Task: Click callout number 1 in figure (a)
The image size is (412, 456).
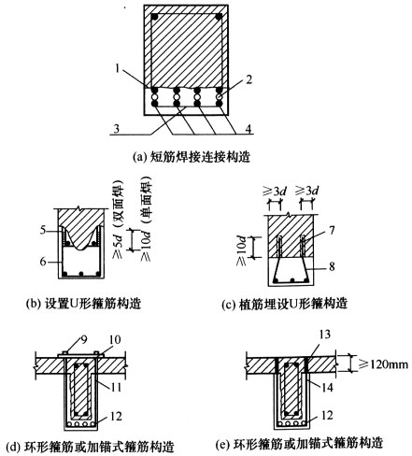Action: (118, 68)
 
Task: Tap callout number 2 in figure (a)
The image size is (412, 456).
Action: (249, 79)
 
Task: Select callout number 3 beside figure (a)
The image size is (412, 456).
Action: (116, 129)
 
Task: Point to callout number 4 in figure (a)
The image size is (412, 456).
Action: (248, 129)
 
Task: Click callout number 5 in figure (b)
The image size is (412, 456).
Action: (43, 230)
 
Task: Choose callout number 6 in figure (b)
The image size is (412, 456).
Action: (43, 262)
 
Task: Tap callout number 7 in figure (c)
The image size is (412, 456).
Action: (332, 230)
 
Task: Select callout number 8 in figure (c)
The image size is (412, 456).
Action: (332, 266)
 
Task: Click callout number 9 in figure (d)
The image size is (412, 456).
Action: (84, 339)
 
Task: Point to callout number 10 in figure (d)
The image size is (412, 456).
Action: (114, 339)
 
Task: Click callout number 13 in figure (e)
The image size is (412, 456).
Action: (324, 335)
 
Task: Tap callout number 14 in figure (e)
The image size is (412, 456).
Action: (327, 387)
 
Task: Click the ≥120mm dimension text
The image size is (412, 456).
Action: (383, 363)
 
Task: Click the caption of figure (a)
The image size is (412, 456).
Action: (192, 157)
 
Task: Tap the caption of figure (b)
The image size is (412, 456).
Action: (83, 303)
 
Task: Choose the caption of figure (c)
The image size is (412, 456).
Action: (284, 304)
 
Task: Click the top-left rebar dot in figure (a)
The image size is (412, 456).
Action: (154, 17)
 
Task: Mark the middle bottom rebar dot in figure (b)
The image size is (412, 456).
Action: (81, 274)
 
